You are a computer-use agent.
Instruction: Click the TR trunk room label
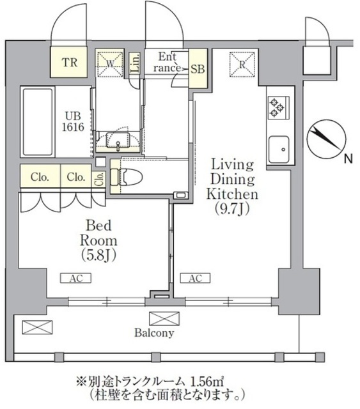pyautogui.click(x=70, y=62)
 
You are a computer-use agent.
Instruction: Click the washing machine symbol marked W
pyautogui.click(x=109, y=64)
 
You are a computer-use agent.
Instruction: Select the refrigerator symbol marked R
pyautogui.click(x=242, y=63)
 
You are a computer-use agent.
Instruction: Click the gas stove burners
pyautogui.click(x=278, y=107)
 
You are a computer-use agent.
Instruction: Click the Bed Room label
pyautogui.click(x=98, y=233)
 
